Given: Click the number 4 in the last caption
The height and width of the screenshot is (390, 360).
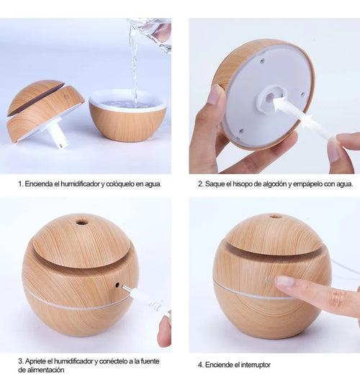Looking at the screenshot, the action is click(x=200, y=365).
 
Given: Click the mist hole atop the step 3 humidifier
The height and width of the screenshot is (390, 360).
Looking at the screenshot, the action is click(x=81, y=222).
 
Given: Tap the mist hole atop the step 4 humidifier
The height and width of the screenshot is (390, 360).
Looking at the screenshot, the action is click(x=275, y=214).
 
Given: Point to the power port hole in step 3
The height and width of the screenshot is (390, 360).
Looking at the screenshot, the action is click(x=117, y=285).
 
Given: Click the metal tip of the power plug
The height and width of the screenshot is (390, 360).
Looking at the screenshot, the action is click(x=126, y=288).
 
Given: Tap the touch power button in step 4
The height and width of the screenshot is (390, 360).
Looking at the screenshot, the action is click(x=269, y=280).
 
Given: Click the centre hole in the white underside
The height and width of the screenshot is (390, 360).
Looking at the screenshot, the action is click(x=269, y=99).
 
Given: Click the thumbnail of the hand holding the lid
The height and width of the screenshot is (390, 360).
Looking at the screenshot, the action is click(x=214, y=94).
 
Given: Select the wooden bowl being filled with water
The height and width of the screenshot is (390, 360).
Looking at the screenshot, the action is click(x=127, y=117).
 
